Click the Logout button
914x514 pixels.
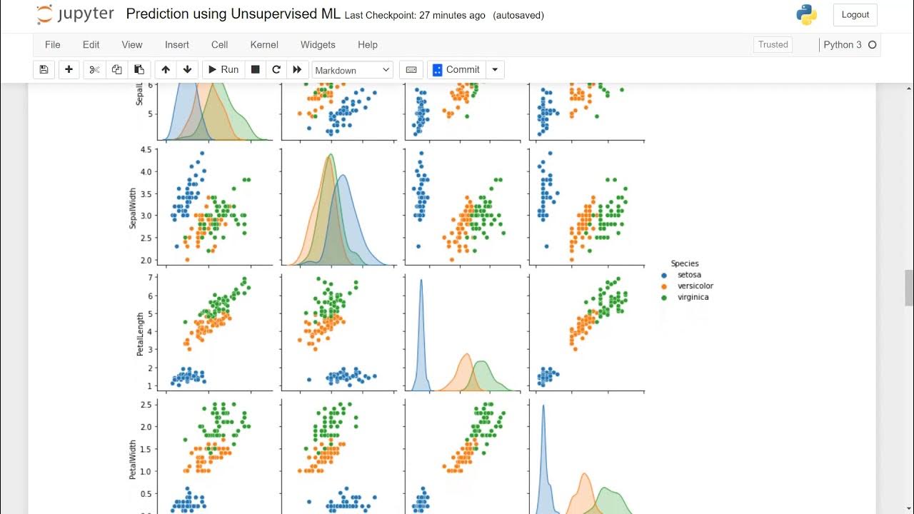tap(855, 14)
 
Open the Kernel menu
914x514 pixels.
tap(264, 44)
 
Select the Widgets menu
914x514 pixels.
tap(318, 44)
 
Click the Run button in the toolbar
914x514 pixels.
tap(222, 69)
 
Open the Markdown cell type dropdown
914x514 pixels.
tap(353, 70)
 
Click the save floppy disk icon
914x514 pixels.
tap(44, 69)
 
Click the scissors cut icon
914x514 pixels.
tap(94, 69)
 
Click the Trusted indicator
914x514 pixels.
tap(773, 44)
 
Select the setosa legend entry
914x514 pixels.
tap(688, 275)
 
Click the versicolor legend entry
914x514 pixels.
tap(695, 286)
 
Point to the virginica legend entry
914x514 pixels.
tap(693, 297)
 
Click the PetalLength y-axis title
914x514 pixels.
tap(141, 333)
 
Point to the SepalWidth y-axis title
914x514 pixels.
tap(133, 205)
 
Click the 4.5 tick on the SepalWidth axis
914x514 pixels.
tap(146, 149)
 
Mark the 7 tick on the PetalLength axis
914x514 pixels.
tap(149, 277)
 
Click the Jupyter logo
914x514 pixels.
tap(75, 14)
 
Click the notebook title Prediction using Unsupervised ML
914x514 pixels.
tap(233, 14)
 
